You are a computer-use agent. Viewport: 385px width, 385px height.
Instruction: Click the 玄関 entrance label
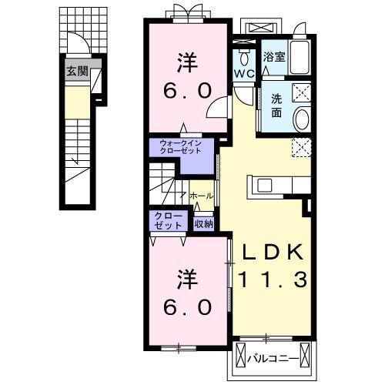[77, 71]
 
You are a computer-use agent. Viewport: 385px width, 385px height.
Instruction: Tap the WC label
[244, 74]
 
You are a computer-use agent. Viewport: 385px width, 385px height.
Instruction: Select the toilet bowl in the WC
[244, 58]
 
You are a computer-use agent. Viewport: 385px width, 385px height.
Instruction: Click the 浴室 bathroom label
[274, 57]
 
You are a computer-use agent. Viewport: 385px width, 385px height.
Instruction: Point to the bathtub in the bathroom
[300, 57]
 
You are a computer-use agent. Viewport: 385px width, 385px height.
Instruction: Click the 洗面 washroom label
[276, 105]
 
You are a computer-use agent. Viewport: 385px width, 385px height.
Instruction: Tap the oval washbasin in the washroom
[302, 120]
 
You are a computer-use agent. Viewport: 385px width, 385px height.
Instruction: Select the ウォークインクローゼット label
[180, 147]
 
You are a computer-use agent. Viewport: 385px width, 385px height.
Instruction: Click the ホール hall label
[202, 196]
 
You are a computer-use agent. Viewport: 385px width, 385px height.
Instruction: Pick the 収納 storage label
[203, 224]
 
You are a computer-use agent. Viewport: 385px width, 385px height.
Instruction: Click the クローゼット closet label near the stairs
[168, 221]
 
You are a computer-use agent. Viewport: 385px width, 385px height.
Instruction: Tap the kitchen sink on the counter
[265, 186]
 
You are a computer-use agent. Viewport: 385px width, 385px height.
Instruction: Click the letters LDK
[273, 253]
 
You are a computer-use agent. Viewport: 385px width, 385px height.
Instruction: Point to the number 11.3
[273, 280]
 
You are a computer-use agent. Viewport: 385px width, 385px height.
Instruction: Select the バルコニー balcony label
[273, 358]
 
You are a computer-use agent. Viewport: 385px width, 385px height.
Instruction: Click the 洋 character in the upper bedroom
[187, 63]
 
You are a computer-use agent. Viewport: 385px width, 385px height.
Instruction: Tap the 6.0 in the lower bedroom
[188, 307]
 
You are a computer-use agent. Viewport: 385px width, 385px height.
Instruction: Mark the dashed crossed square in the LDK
[302, 147]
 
